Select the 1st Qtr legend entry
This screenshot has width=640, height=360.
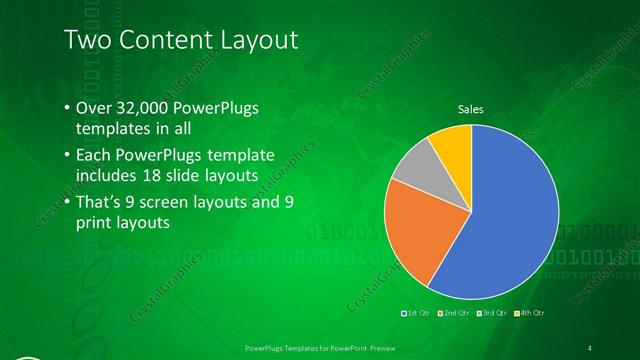pos(414,313)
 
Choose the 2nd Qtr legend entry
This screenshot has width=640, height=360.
pos(453,313)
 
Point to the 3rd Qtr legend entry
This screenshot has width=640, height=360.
pos(492,313)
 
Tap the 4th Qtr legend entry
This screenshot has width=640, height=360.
pos(531,313)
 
